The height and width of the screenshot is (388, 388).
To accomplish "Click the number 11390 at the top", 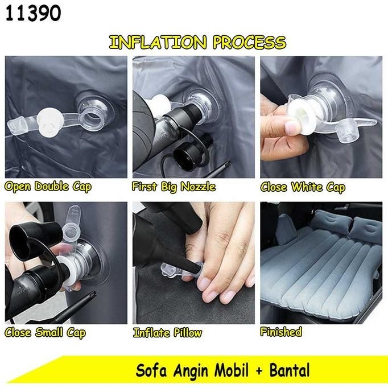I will click(34, 14).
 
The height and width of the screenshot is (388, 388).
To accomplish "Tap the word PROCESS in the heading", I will click(249, 42).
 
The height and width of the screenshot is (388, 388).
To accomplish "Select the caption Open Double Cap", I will click(48, 187).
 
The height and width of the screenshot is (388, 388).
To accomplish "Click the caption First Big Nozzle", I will click(174, 187).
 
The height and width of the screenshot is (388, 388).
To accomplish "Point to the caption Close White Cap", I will click(303, 187).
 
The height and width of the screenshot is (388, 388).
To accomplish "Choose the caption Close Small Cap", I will click(46, 332).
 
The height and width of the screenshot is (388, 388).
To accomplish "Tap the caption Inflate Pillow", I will click(167, 332).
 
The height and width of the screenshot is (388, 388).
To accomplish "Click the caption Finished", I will click(281, 331).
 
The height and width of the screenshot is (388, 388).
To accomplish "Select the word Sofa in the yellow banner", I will click(150, 371).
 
